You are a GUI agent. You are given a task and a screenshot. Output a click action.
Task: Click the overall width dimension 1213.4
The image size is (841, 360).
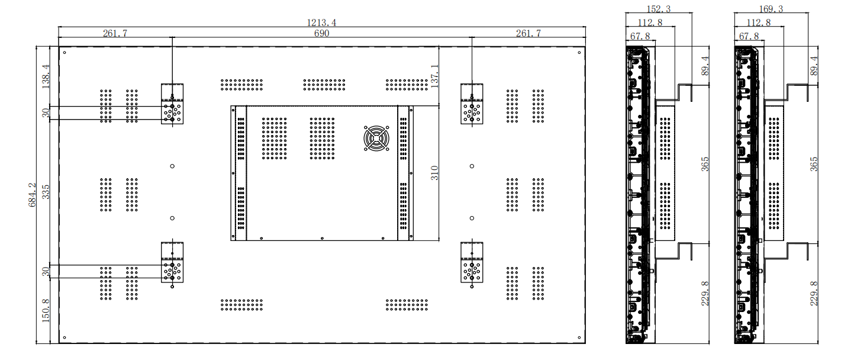pos(321,22)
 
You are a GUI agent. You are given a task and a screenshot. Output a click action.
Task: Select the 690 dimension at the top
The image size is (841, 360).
pos(322,33)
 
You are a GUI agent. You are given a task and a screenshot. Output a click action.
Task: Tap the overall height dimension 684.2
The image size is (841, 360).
pos(32,195)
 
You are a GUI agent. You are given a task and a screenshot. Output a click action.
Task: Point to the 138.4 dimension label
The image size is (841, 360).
pos(46,76)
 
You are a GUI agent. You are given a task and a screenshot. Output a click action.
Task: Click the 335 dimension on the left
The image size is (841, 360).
pos(46,192)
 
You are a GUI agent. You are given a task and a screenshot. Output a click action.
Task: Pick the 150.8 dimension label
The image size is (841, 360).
pos(46,311)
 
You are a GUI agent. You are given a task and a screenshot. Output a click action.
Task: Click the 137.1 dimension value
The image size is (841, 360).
pos(434,76)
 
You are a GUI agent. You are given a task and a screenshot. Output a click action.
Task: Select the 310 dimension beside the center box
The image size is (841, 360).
pos(434,173)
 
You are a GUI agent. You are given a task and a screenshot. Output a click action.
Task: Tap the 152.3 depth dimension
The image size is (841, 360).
pos(659,9)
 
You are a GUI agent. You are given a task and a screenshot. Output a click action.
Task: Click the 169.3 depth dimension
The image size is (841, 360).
pos(771,9)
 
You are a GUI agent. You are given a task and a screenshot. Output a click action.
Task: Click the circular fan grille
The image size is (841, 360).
pos(376,139)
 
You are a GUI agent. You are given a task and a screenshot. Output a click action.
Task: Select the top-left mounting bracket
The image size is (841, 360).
pos(172,104)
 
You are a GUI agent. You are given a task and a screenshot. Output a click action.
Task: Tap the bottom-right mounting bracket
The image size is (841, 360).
pos(472,262)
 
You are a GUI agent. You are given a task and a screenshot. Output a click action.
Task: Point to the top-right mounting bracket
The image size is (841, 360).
pos(472,104)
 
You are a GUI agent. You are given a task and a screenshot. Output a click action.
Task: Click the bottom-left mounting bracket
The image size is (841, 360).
pos(172,262)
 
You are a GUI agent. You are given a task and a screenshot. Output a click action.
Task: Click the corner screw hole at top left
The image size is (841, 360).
pos(65,53)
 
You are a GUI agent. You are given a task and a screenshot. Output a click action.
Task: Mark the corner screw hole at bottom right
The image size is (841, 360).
pos(579,337)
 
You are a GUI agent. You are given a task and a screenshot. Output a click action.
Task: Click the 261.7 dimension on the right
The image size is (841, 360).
pos(529,33)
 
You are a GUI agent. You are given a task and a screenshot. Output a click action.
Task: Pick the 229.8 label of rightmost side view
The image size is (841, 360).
pos(814,294)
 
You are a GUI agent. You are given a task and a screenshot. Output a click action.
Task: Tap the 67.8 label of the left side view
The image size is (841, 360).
pos(640,36)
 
